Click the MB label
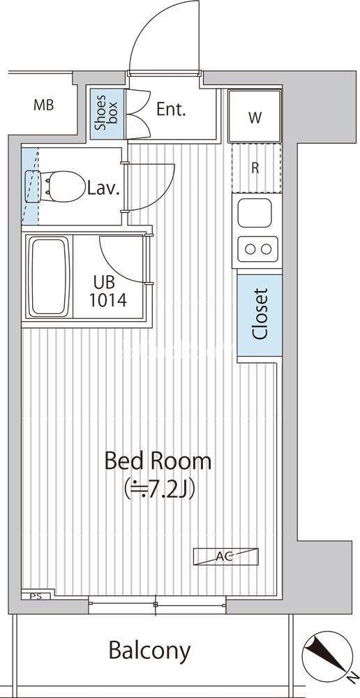(44, 105)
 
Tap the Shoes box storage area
(107, 114)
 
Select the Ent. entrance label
(170, 110)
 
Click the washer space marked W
(255, 117)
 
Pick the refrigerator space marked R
(256, 168)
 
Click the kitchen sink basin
(255, 212)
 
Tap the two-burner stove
(258, 249)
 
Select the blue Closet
(260, 315)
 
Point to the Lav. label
(103, 189)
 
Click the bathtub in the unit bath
(49, 277)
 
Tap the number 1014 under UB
(108, 300)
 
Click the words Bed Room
(158, 461)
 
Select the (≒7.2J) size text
(160, 489)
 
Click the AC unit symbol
(225, 556)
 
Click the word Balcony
(149, 651)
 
